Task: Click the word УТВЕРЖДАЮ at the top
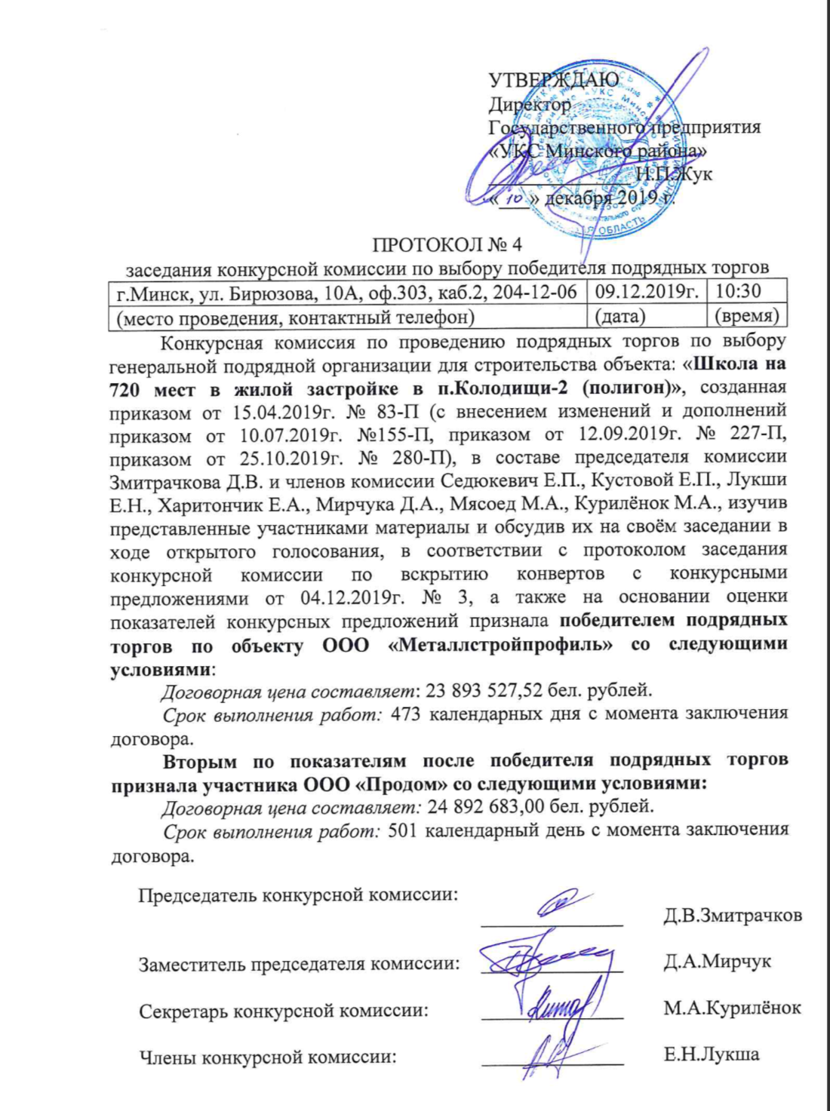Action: [553, 80]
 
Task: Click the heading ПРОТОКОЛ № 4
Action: [447, 244]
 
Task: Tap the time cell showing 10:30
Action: [739, 291]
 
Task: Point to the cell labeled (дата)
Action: [619, 317]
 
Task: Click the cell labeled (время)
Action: [745, 317]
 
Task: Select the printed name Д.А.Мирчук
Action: [717, 962]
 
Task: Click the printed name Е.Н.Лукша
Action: [712, 1054]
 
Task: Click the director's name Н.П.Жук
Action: [674, 174]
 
